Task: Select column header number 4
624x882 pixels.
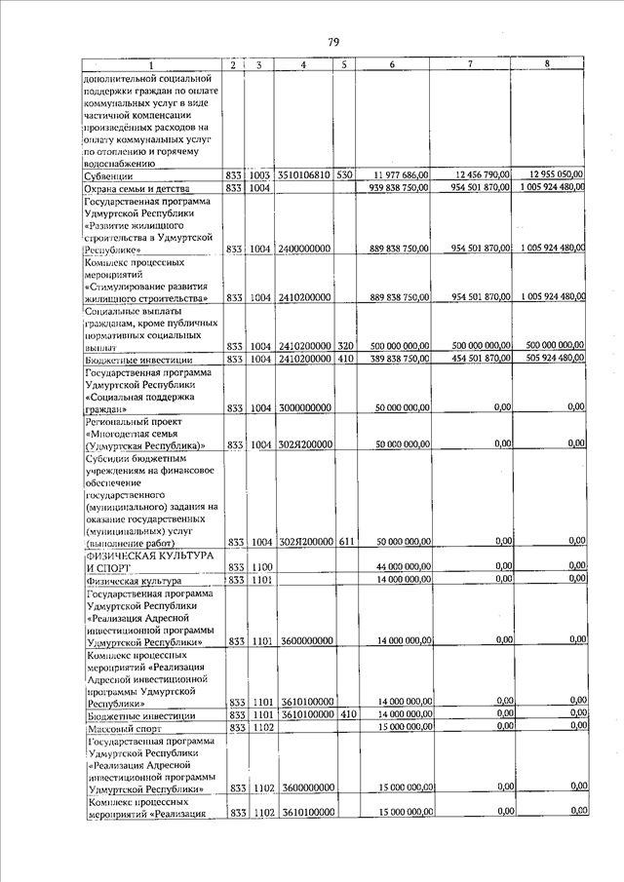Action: pos(304,65)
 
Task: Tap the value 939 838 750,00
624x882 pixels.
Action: pos(394,189)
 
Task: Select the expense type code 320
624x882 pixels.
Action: pos(344,347)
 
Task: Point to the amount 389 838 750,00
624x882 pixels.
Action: pos(394,361)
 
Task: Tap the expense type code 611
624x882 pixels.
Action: pos(344,541)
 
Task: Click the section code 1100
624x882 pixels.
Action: pos(256,566)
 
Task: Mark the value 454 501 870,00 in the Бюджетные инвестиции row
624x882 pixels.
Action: pos(474,360)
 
